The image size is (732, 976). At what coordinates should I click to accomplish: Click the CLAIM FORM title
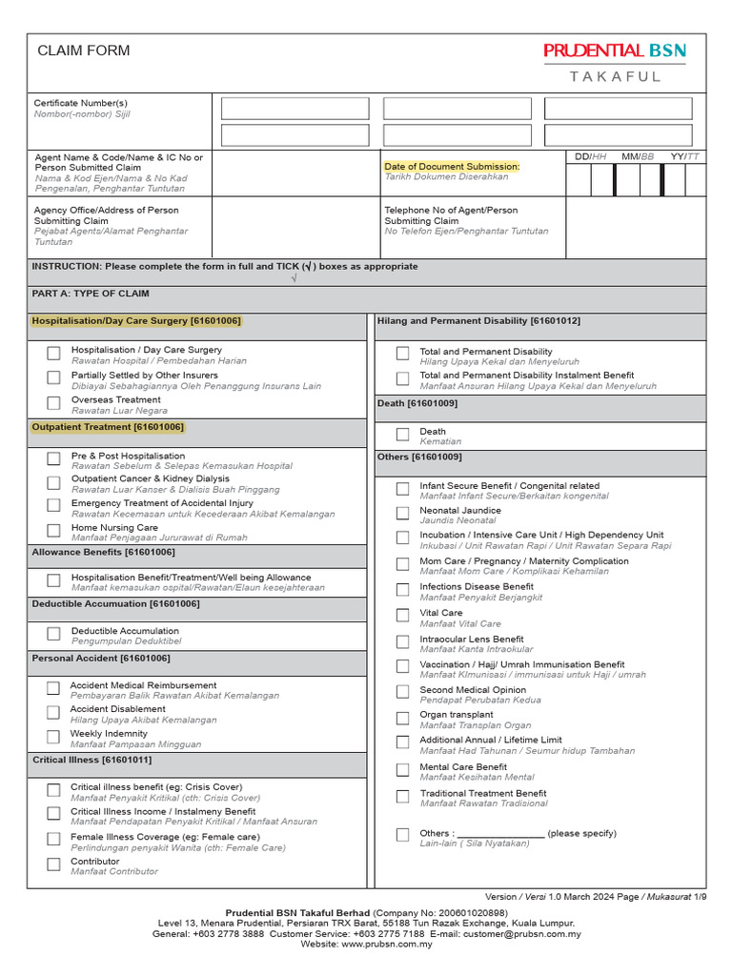point(84,51)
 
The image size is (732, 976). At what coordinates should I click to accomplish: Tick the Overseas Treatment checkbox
point(53,403)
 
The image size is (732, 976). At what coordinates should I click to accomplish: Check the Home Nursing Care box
point(53,531)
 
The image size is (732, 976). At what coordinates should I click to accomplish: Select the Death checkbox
point(402,435)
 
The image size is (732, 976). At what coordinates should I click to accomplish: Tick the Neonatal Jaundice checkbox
point(402,514)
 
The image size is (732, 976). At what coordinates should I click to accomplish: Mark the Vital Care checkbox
point(402,616)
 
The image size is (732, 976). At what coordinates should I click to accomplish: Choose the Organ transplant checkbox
point(402,718)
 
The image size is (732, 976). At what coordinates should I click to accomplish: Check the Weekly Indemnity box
point(53,737)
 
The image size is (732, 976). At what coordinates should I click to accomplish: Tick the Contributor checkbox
point(53,864)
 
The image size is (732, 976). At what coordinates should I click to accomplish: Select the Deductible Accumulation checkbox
point(53,634)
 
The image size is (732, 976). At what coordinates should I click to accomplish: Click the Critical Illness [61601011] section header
point(92,761)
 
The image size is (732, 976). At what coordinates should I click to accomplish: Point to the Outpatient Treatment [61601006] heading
point(108,428)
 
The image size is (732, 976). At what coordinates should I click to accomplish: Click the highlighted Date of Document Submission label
point(452,167)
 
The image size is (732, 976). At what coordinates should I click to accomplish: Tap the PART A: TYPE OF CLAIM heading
point(91,295)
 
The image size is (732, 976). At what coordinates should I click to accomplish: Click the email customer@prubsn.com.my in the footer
point(522,934)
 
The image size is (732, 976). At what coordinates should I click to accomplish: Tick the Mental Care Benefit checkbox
point(402,769)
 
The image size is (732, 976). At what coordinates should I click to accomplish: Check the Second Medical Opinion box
point(402,692)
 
